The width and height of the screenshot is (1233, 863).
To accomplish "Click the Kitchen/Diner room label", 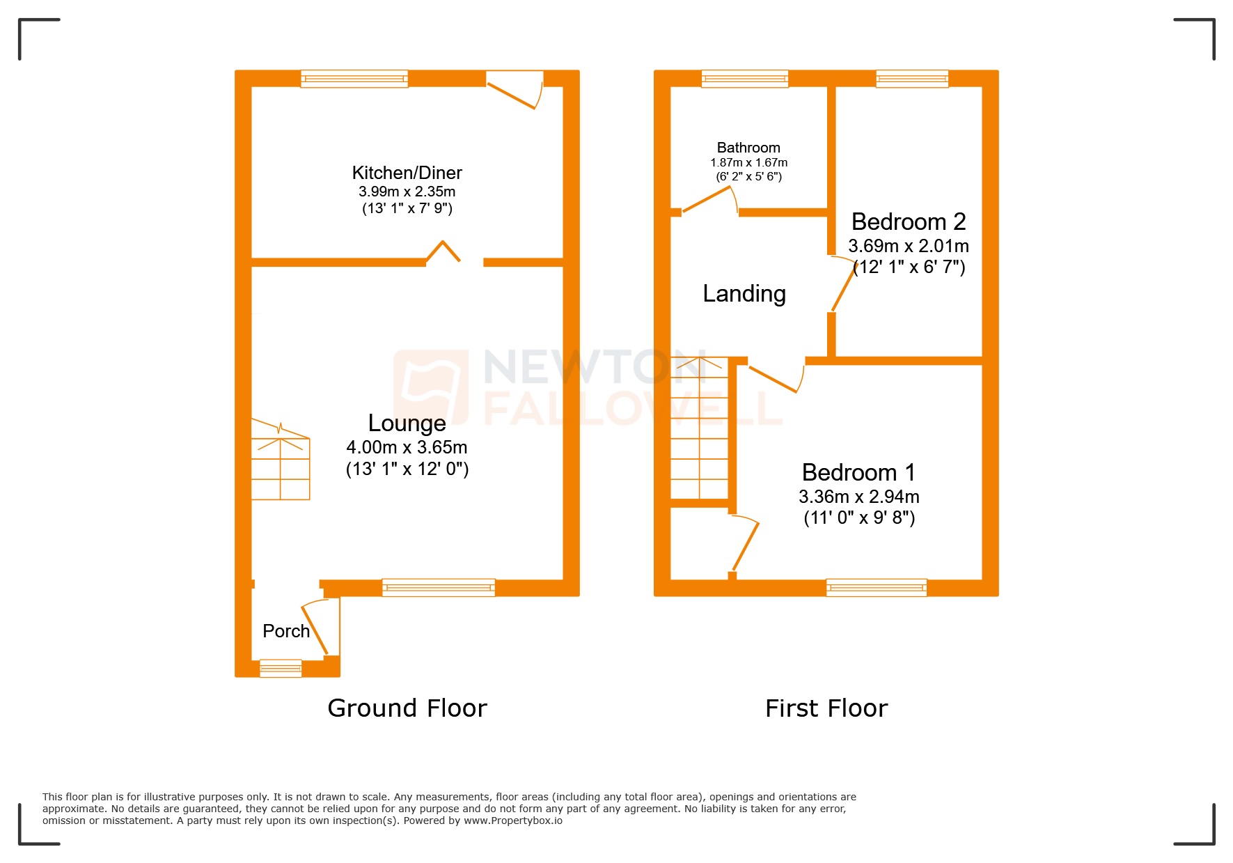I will [407, 173].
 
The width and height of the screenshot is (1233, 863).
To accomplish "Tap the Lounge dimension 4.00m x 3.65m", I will [407, 447].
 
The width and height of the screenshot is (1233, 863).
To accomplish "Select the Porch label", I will [285, 631].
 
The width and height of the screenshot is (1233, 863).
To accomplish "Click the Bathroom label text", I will [748, 148].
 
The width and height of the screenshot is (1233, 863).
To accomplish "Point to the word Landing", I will [744, 294].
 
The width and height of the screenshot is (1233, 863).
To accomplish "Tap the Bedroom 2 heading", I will [908, 221].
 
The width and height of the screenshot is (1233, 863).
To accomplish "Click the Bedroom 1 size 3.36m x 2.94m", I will [858, 497].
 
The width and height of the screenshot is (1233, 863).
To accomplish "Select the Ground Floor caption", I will [407, 708].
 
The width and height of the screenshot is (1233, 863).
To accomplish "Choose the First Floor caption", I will [826, 708].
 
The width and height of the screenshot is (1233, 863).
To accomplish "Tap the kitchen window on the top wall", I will [354, 79].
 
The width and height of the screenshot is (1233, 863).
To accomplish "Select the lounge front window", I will [439, 588].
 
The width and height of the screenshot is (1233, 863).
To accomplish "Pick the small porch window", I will [281, 669].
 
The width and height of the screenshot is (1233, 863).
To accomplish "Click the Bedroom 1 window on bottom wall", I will [876, 588].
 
